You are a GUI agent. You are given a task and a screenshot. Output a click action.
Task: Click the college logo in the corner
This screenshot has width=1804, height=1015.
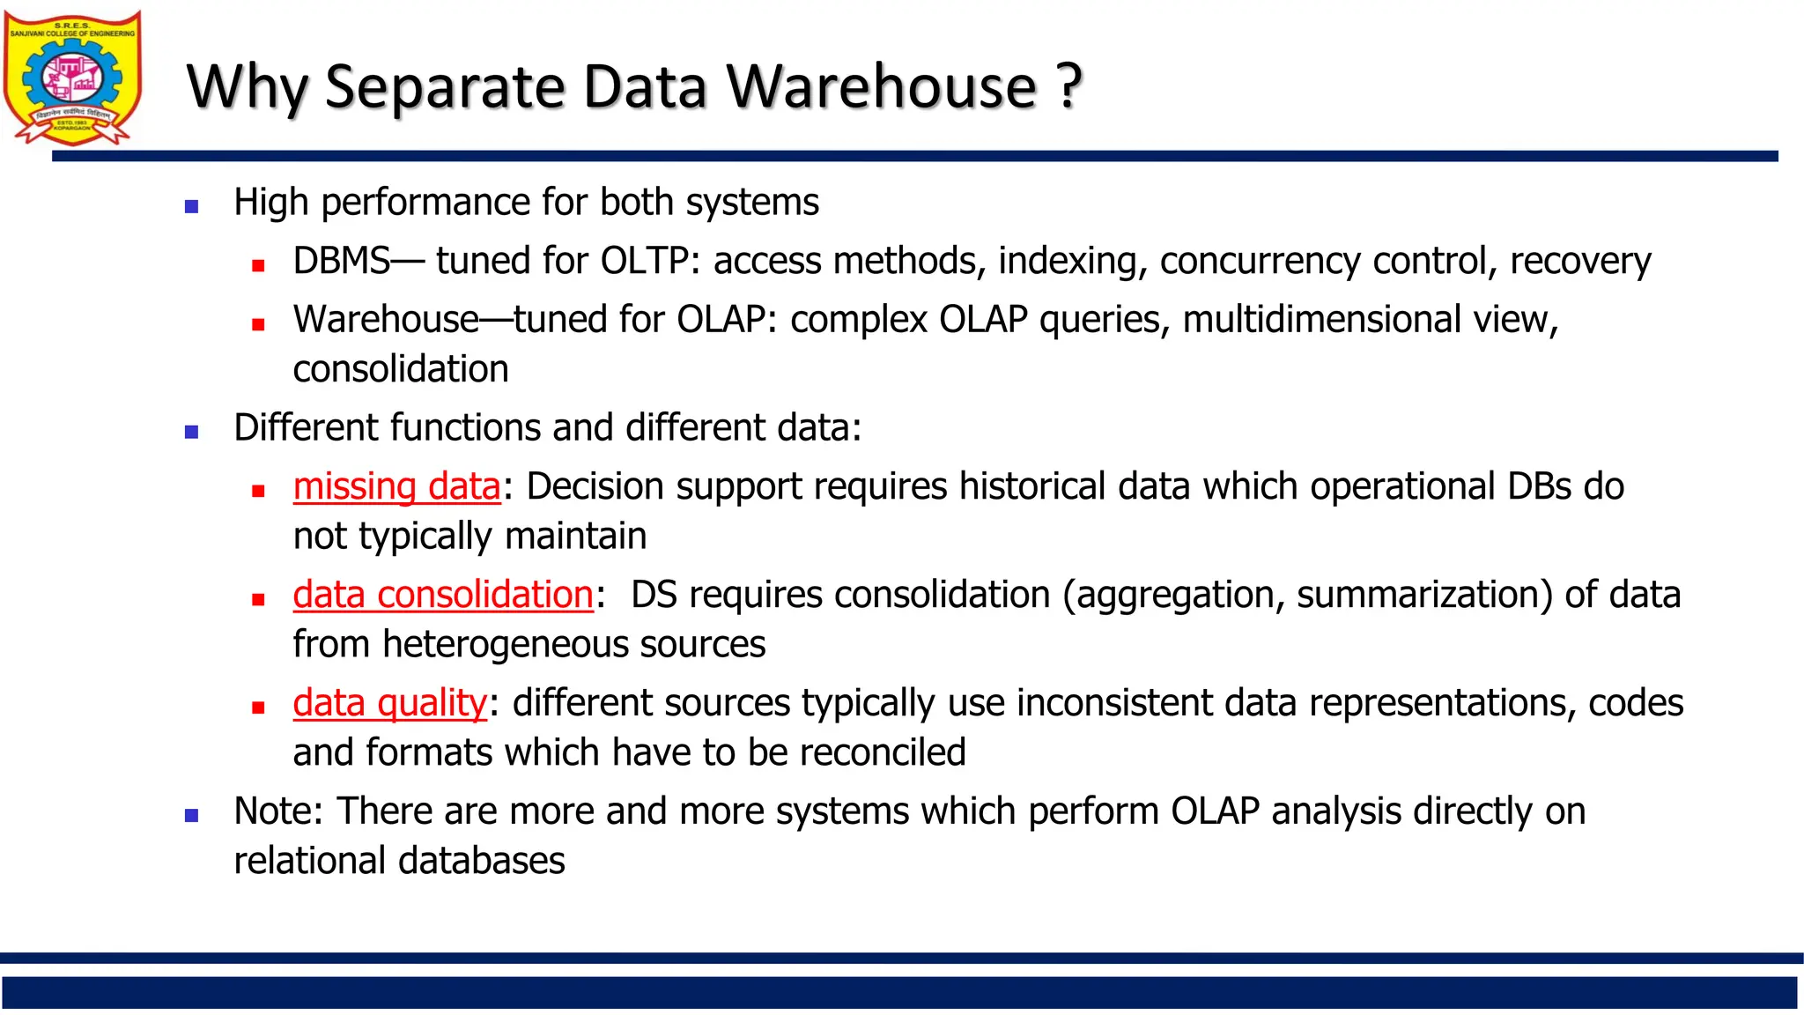(x=72, y=78)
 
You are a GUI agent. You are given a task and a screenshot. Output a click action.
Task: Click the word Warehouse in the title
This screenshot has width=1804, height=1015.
(x=882, y=86)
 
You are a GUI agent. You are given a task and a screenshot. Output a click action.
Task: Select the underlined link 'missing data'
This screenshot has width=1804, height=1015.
(x=396, y=486)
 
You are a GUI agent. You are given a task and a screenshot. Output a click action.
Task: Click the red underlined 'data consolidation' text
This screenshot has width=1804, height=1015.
(x=443, y=595)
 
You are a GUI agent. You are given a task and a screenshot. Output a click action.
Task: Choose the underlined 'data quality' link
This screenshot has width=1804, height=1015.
(x=389, y=703)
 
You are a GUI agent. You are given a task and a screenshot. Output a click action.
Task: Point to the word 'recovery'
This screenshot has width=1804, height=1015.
(x=1580, y=262)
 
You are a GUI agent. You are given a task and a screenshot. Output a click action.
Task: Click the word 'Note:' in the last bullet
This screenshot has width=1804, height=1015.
(x=278, y=811)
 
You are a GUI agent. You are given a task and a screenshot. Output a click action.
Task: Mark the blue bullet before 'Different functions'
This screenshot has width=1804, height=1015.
(x=191, y=433)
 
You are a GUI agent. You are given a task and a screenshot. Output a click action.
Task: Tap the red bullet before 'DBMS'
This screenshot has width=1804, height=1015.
(x=258, y=265)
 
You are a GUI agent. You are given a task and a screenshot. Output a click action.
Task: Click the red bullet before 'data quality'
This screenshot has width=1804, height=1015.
(x=258, y=708)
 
